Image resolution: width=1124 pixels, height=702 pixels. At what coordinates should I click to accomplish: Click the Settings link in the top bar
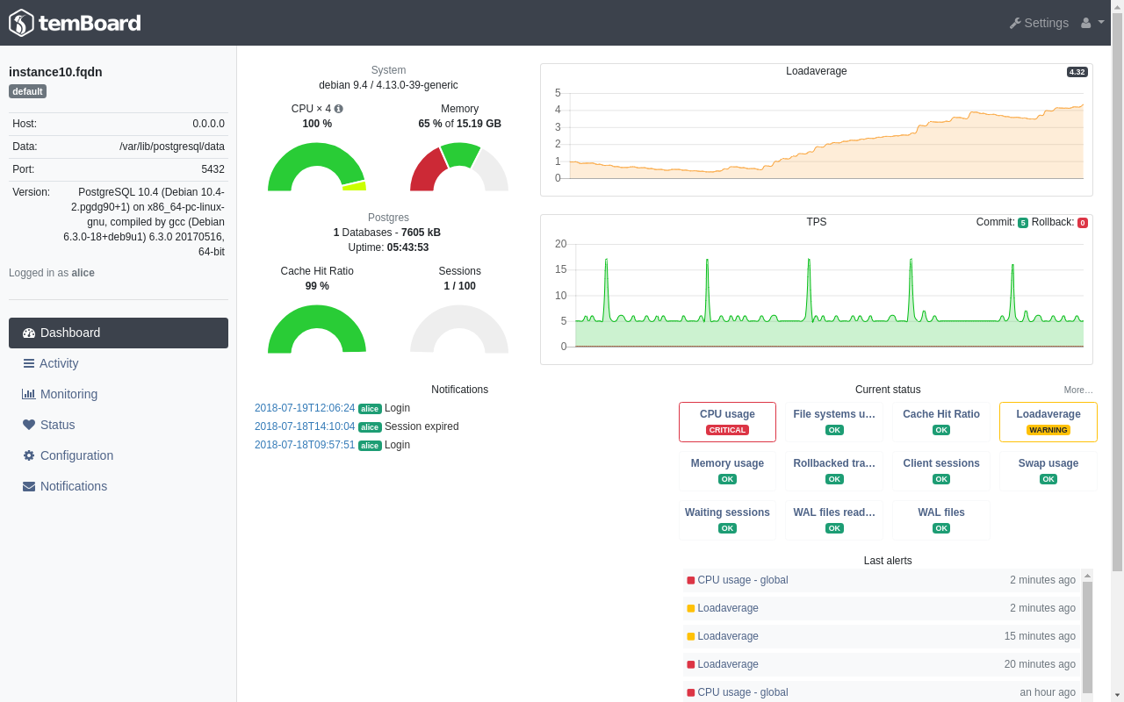(1039, 23)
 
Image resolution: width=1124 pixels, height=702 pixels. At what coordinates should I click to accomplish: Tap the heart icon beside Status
(29, 425)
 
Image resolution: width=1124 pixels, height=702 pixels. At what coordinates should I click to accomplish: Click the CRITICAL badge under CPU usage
(727, 430)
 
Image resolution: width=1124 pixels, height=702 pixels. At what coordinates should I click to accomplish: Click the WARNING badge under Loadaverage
(1048, 430)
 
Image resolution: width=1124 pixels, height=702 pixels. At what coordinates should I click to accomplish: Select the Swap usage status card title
(1048, 463)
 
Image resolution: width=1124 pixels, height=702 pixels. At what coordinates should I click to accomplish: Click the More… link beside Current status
(1077, 390)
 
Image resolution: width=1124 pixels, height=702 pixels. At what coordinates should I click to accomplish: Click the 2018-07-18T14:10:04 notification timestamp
(305, 426)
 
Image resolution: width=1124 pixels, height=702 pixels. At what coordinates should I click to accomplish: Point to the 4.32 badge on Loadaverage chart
(1077, 72)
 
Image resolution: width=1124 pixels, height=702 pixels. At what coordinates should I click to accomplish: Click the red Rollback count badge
(1083, 223)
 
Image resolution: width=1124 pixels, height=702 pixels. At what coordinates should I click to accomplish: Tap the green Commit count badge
(1023, 223)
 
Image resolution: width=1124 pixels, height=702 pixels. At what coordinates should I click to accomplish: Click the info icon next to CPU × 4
(339, 109)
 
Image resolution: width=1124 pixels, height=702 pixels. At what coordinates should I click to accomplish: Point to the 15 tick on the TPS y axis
(560, 269)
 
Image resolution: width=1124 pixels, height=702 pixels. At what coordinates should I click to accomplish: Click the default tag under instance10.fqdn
(27, 91)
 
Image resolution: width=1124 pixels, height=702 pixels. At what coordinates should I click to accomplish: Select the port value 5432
(213, 169)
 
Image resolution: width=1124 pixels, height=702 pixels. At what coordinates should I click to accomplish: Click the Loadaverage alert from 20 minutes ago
(728, 664)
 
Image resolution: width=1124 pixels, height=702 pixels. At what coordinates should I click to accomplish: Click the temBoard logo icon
(21, 23)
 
